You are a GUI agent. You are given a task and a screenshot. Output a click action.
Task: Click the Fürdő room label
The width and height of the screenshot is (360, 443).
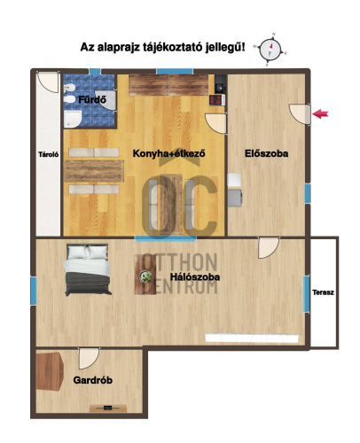[x=92, y=100]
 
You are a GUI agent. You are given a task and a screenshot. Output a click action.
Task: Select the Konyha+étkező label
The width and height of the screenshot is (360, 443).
[x=168, y=154]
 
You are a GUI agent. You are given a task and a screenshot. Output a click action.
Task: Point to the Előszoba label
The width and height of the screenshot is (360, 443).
[x=266, y=154]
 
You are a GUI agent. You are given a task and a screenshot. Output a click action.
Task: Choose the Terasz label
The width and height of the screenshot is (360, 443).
[x=323, y=291]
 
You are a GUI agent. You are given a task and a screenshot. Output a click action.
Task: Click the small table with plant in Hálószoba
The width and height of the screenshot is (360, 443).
[x=141, y=279]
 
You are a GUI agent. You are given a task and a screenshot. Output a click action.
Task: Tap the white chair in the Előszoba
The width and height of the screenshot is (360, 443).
[x=235, y=189]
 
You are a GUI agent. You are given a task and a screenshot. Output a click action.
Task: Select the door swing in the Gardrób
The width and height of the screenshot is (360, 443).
[x=87, y=359]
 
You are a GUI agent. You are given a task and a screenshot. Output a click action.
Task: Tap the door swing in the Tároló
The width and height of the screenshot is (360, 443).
[x=47, y=82]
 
